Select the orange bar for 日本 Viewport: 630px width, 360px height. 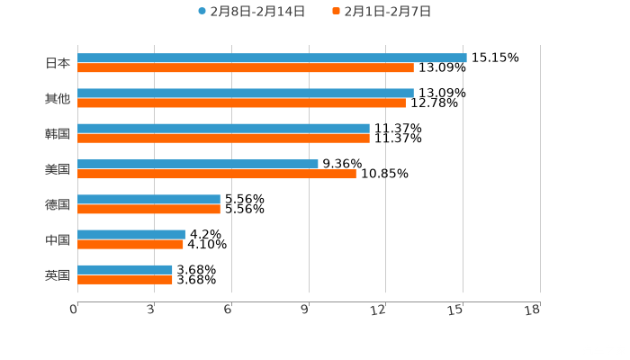click(246, 67)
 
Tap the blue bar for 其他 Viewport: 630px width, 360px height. click(246, 93)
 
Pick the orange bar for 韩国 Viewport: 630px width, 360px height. click(223, 138)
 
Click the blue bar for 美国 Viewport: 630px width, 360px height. click(198, 164)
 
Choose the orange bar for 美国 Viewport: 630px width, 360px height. click(217, 174)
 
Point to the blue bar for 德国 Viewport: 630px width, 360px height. click(148, 199)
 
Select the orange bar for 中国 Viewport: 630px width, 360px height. click(130, 244)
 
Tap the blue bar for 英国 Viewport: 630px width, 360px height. click(125, 269)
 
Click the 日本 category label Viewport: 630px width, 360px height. click(58, 63)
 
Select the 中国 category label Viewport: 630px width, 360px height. click(58, 239)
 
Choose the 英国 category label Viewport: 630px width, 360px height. click(58, 274)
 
